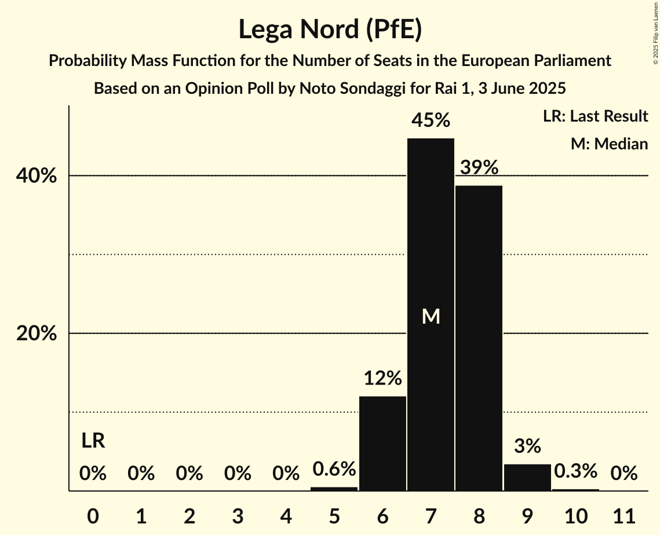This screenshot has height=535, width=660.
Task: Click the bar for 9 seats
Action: pyautogui.click(x=527, y=478)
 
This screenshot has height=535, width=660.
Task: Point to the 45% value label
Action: pyautogui.click(x=431, y=120)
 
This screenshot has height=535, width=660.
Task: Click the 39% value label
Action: pyautogui.click(x=479, y=167)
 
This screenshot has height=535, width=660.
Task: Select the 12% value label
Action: pyautogui.click(x=382, y=378)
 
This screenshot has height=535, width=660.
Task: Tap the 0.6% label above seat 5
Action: pyautogui.click(x=334, y=469)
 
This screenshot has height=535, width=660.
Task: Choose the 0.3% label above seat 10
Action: pyautogui.click(x=575, y=471)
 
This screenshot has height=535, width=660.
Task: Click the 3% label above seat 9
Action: pyautogui.click(x=527, y=446)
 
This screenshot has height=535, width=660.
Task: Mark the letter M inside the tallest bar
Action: pyautogui.click(x=431, y=316)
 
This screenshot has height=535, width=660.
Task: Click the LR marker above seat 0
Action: pyautogui.click(x=93, y=441)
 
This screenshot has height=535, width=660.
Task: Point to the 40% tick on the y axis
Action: pyautogui.click(x=37, y=176)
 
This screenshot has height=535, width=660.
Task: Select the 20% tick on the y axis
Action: pyautogui.click(x=37, y=334)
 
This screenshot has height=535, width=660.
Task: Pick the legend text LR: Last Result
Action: pyautogui.click(x=595, y=116)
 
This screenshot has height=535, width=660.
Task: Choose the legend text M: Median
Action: pyautogui.click(x=609, y=144)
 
